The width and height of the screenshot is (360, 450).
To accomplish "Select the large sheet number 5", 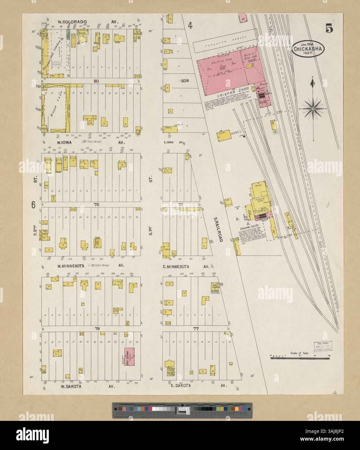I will [x=329, y=29].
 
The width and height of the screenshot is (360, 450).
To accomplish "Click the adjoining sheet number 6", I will [x=33, y=205].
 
